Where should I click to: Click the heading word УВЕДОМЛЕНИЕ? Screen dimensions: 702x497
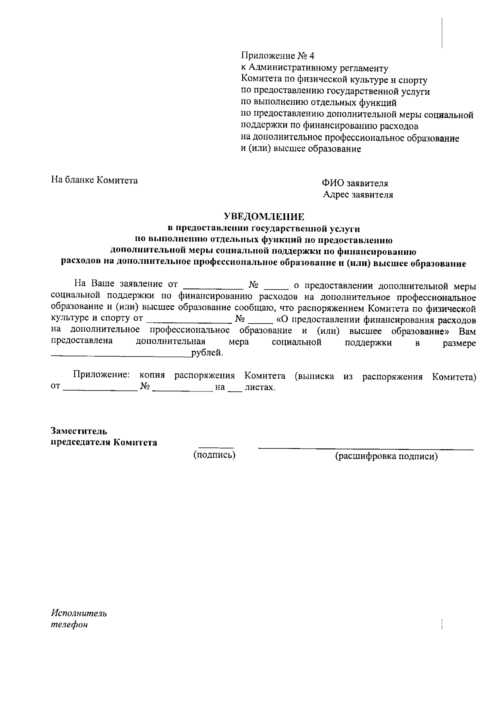(264, 216)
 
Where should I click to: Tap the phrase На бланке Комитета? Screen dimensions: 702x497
(94, 180)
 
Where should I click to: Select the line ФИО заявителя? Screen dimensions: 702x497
(355, 183)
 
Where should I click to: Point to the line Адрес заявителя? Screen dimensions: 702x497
(358, 195)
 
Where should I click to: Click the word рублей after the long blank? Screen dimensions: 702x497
(207, 354)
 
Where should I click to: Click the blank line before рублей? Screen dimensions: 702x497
(120, 355)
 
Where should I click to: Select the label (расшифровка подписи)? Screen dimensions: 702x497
(386, 456)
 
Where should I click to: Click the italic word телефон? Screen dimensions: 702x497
(69, 625)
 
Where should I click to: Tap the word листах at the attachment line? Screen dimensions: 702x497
(260, 388)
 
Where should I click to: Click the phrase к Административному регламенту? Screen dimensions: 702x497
(314, 68)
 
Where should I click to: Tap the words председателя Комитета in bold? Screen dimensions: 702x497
(104, 442)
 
